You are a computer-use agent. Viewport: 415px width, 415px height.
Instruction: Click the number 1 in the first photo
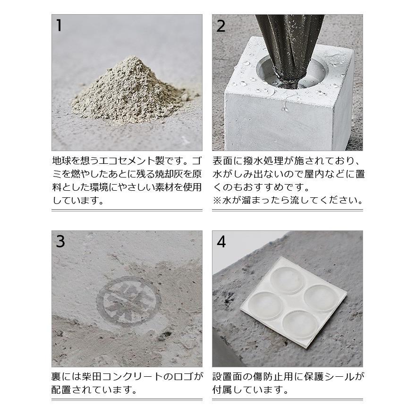[x=59, y=25]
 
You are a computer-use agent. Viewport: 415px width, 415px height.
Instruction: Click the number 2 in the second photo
[x=221, y=26]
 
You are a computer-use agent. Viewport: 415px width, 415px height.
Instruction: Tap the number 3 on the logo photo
[x=60, y=241]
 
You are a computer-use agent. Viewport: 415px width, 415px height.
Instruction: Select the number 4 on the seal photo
[x=221, y=241]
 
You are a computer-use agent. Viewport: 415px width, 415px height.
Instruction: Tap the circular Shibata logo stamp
[x=128, y=301]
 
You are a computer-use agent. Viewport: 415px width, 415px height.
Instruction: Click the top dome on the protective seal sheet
[x=288, y=279]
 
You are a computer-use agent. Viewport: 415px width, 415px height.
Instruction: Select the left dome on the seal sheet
[x=265, y=305]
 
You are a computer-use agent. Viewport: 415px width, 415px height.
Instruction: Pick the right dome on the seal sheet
[x=320, y=298]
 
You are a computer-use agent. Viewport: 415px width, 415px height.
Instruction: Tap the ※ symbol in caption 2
[x=217, y=200]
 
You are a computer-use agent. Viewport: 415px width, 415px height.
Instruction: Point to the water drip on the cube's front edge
[x=285, y=106]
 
